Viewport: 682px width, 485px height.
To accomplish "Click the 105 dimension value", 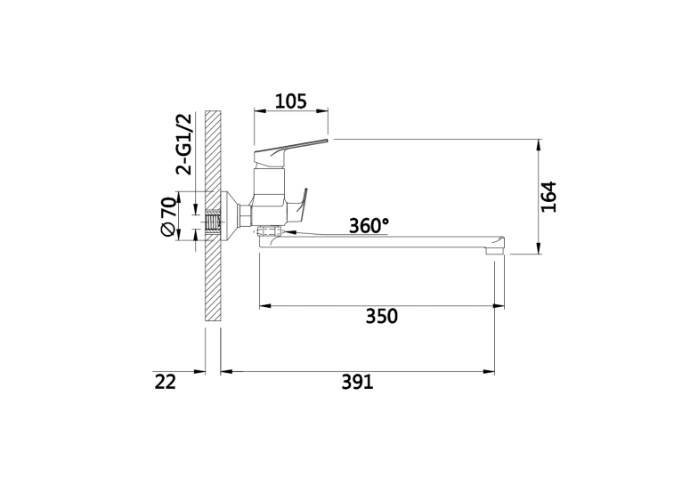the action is pyautogui.click(x=291, y=101).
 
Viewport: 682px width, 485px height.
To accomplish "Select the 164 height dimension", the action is pyautogui.click(x=548, y=197).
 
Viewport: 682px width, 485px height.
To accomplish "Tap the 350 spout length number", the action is pyautogui.click(x=381, y=317).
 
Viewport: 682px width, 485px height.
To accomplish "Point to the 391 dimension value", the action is pyautogui.click(x=357, y=382).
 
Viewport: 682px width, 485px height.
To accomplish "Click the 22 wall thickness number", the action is pyautogui.click(x=166, y=382).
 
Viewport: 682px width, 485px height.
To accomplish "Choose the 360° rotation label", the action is pyautogui.click(x=369, y=225).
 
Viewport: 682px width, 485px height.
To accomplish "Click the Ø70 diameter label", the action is pyautogui.click(x=168, y=217).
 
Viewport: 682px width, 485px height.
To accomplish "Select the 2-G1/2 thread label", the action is pyautogui.click(x=183, y=144).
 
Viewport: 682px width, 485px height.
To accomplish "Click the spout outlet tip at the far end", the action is pyautogui.click(x=494, y=250).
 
